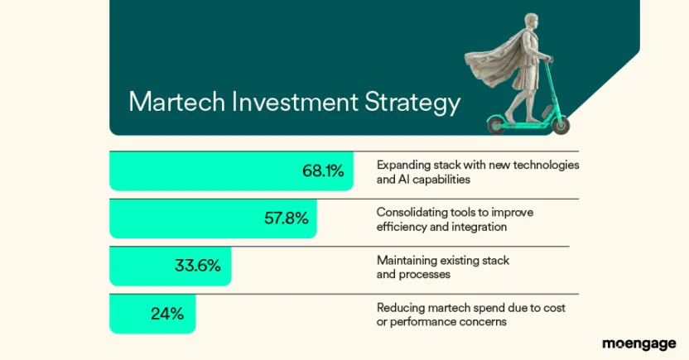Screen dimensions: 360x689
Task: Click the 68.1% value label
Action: click(x=323, y=171)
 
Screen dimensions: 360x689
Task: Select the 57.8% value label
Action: click(x=287, y=218)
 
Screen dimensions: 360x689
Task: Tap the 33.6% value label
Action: click(x=197, y=266)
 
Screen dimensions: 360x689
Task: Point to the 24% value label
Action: click(x=166, y=314)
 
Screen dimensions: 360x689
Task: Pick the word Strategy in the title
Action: click(x=412, y=103)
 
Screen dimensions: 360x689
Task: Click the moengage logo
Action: click(x=638, y=343)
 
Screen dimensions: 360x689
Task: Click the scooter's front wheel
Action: click(x=561, y=125)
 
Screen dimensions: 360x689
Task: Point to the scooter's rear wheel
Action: click(x=495, y=126)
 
